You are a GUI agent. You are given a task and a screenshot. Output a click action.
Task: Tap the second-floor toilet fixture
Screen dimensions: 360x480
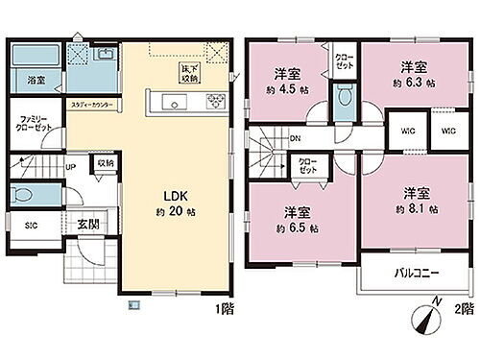pyautogui.click(x=344, y=95)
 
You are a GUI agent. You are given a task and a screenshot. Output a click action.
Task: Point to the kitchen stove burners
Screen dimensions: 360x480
pyautogui.click(x=215, y=102)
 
